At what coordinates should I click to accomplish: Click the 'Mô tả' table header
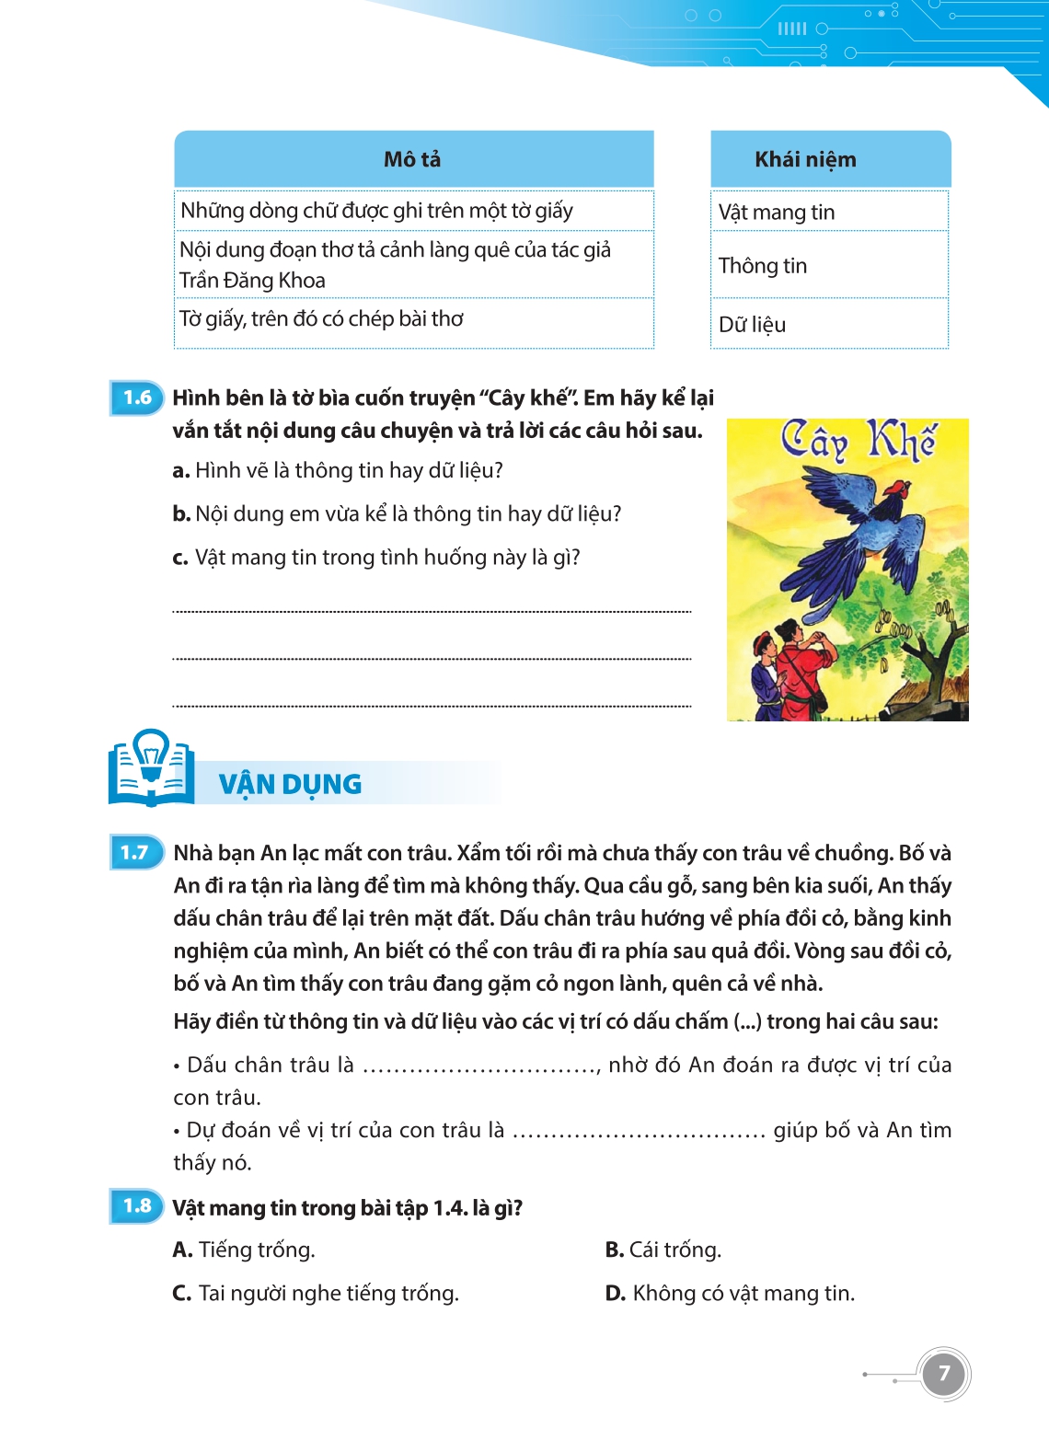(x=412, y=159)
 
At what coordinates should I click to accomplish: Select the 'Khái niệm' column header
(x=805, y=159)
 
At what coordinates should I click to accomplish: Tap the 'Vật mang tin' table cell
(x=777, y=213)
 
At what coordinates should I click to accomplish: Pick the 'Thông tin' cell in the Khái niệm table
(x=763, y=266)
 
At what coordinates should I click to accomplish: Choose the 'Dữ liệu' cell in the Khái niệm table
(x=753, y=325)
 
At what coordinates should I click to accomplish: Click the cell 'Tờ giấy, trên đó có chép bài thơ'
(x=321, y=319)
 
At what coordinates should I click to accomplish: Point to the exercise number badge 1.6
(x=137, y=397)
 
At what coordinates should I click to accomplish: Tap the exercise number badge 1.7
(x=135, y=853)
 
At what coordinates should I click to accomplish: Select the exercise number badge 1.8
(x=137, y=1206)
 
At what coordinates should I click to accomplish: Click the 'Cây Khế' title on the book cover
(x=858, y=442)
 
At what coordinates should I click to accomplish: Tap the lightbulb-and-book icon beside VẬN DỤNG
(x=151, y=768)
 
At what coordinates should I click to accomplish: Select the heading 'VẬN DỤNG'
(x=290, y=784)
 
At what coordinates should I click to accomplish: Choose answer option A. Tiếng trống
(x=244, y=1250)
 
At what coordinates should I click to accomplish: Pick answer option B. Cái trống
(x=663, y=1250)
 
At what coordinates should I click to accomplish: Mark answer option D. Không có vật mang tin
(x=730, y=1293)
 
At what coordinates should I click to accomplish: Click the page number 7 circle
(x=943, y=1374)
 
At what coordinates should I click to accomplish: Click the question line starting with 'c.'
(x=377, y=558)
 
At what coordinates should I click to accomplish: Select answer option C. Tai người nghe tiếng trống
(x=316, y=1293)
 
